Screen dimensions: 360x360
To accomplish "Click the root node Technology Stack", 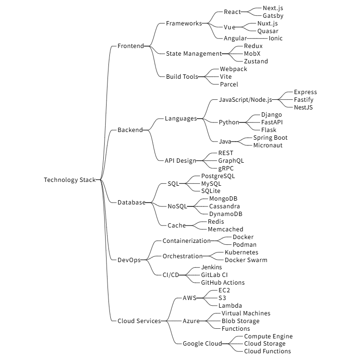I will pyautogui.click(x=70, y=180).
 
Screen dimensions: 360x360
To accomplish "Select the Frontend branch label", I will pyautogui.click(x=131, y=46).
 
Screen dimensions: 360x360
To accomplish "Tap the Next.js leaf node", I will pyautogui.click(x=273, y=8).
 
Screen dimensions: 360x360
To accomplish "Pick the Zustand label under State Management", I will pyautogui.click(x=256, y=61).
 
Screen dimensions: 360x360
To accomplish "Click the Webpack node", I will pyautogui.click(x=233, y=69).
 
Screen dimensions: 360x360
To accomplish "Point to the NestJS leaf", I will pyautogui.click(x=303, y=107).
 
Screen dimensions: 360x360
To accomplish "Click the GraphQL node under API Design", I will pyautogui.click(x=231, y=161).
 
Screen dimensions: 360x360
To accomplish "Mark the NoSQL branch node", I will pyautogui.click(x=177, y=206).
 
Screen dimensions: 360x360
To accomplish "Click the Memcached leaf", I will pyautogui.click(x=225, y=229).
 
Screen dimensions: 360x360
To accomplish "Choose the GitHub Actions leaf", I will pyautogui.click(x=223, y=283).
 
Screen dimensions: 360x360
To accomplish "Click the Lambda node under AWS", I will pyautogui.click(x=230, y=306).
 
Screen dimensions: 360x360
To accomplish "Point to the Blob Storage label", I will pyautogui.click(x=240, y=321).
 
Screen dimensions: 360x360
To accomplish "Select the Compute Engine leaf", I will pyautogui.click(x=268, y=336).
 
